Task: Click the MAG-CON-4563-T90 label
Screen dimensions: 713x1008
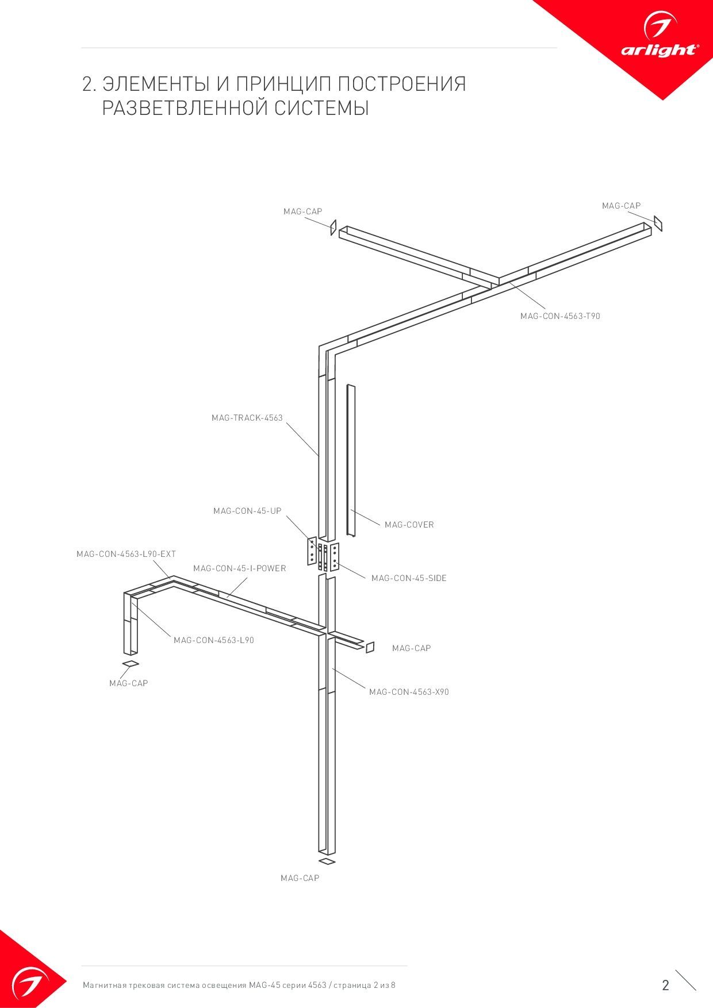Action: point(560,316)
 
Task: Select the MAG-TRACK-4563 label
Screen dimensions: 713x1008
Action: point(247,418)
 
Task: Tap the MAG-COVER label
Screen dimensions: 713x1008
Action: point(409,525)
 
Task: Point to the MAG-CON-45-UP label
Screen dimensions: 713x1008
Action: point(247,511)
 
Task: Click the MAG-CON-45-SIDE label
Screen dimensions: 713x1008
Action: point(409,578)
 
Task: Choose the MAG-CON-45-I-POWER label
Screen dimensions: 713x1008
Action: point(240,568)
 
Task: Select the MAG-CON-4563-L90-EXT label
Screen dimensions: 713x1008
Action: point(126,554)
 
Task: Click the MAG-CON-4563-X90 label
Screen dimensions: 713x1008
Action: point(409,692)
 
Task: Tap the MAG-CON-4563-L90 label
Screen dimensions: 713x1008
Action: point(214,640)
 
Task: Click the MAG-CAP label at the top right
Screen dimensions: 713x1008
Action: point(622,206)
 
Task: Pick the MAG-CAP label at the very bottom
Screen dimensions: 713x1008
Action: point(300,878)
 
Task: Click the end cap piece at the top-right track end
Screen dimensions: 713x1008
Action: point(658,224)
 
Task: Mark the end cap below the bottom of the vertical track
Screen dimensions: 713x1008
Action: point(327,861)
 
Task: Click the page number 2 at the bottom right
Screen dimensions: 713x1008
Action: point(666,986)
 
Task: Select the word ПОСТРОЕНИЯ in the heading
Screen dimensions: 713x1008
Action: point(401,84)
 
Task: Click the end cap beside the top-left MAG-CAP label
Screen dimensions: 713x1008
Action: point(333,227)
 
